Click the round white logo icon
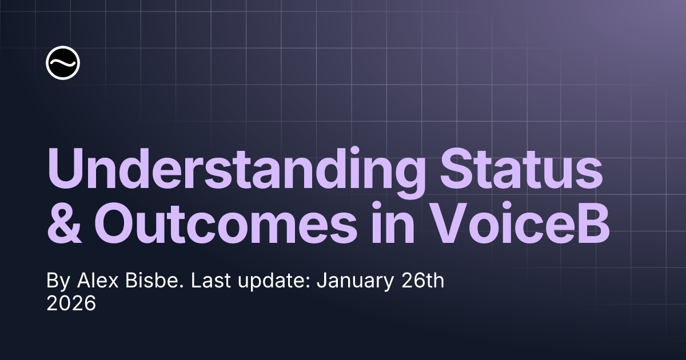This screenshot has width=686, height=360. coord(63,63)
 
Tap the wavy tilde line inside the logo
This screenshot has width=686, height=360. coord(63,63)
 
